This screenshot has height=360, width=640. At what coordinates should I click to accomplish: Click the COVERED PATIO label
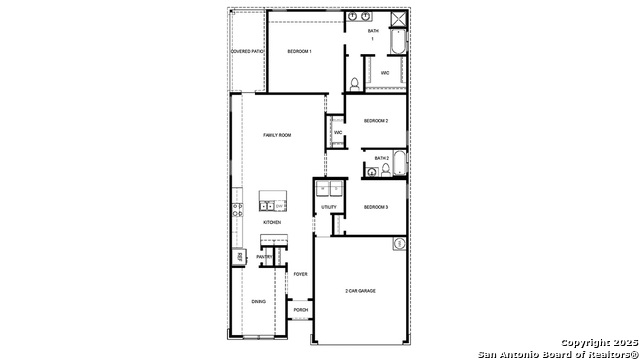point(247,50)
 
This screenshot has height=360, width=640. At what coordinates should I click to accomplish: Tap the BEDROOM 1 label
point(300,50)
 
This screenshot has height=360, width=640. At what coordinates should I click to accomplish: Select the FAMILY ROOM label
point(277,134)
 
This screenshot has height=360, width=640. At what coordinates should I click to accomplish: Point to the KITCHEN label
point(272,222)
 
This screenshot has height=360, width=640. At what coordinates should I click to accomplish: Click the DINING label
point(259,301)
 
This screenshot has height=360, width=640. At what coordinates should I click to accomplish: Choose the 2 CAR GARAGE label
point(360,291)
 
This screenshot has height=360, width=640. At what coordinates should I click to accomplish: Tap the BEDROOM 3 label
point(375,207)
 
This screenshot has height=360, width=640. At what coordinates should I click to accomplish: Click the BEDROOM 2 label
point(375,121)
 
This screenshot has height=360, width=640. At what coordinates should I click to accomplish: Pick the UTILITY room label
point(329,207)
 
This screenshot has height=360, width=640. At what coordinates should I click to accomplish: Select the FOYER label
point(300,273)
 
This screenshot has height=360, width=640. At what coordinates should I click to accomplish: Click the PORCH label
point(300,310)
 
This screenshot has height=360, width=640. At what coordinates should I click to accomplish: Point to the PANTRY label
point(264,257)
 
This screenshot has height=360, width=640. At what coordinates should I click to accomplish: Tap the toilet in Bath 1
point(354,82)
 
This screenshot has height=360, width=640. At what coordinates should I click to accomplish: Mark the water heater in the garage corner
point(398,243)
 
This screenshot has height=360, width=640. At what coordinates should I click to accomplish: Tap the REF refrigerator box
point(240,257)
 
